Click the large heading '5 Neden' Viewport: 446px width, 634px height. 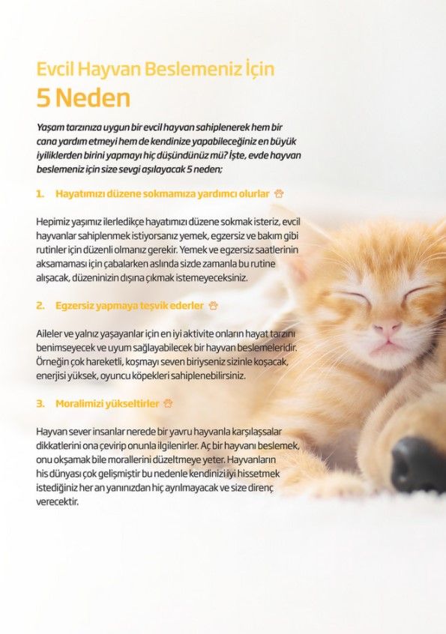[x=83, y=97]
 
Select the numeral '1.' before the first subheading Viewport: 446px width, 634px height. [x=40, y=193]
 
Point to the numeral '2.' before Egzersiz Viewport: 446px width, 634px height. [x=40, y=306]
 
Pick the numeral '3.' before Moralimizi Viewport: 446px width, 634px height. [x=40, y=403]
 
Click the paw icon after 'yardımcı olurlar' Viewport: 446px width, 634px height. [x=279, y=193]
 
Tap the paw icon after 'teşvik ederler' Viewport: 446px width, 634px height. [x=213, y=306]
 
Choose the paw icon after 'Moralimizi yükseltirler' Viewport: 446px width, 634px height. [x=168, y=403]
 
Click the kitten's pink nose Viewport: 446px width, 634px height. [x=387, y=326]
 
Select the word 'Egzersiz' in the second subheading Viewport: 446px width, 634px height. [x=74, y=306]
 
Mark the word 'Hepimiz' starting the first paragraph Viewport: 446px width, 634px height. [x=52, y=222]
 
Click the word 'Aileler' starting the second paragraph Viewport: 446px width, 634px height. [x=49, y=334]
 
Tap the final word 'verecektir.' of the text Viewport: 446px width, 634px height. [x=57, y=502]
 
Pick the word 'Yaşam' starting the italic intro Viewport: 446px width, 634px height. [x=49, y=127]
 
